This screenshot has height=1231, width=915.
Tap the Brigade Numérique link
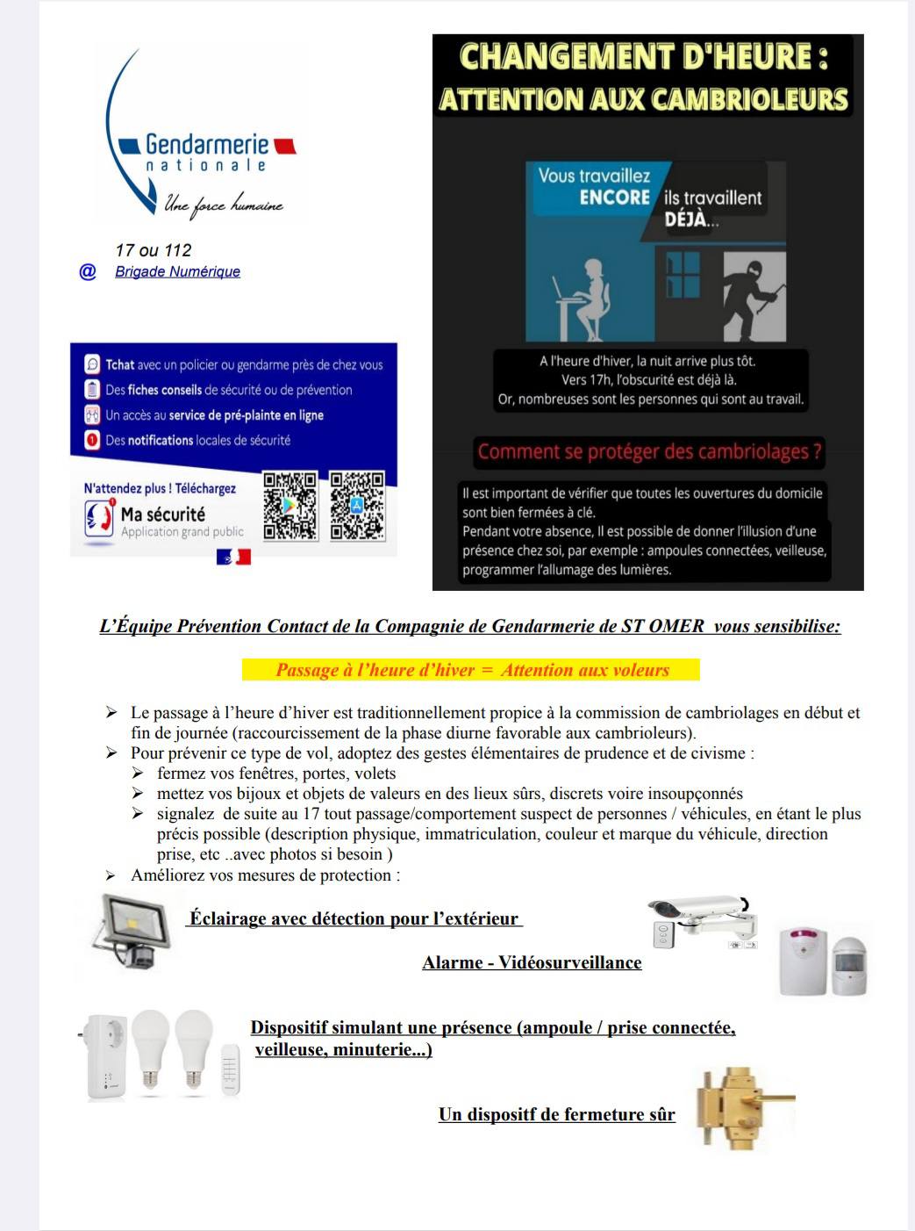(x=177, y=271)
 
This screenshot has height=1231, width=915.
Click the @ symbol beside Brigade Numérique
(x=88, y=271)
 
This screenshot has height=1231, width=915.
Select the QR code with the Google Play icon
(x=290, y=505)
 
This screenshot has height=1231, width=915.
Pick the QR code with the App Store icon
(x=357, y=505)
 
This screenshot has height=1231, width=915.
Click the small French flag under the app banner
(x=233, y=557)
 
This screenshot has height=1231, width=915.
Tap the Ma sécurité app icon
(x=100, y=517)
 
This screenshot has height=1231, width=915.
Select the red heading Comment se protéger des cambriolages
(x=649, y=452)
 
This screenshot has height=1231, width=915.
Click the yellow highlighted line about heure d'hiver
(x=471, y=670)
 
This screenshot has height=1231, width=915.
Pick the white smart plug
(x=106, y=1057)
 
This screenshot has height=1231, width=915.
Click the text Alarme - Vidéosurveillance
(x=532, y=962)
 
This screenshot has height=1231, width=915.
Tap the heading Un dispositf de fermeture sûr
(x=557, y=1114)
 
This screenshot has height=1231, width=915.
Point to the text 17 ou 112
(x=153, y=250)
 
